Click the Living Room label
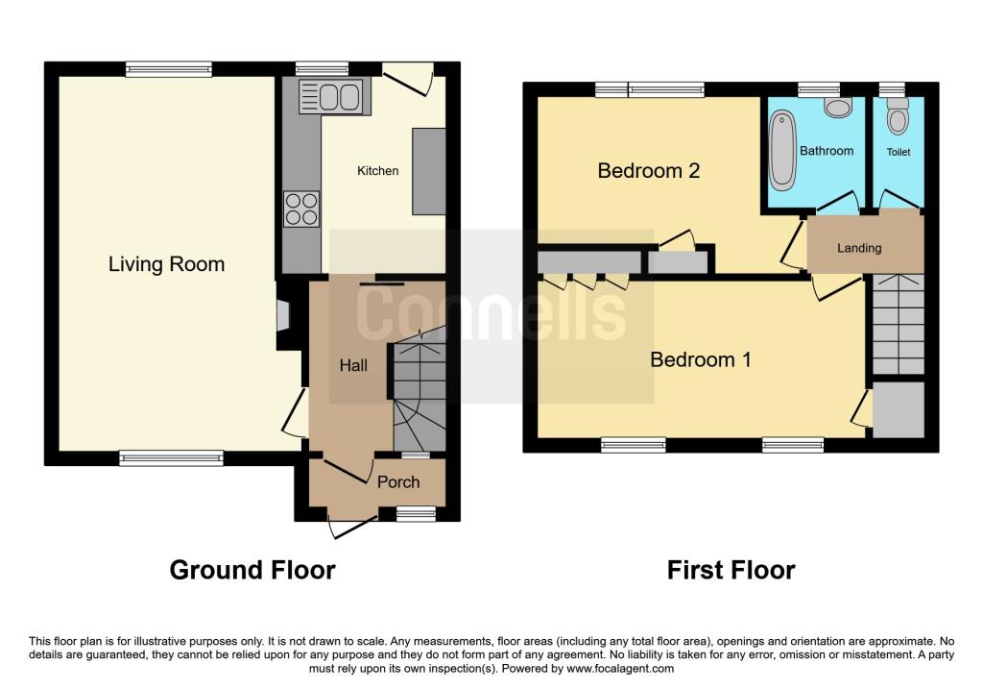(166, 263)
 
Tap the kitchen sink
(328, 97)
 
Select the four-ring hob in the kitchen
(300, 209)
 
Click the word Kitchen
(377, 171)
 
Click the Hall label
(353, 365)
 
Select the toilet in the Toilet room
(899, 118)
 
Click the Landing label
(859, 248)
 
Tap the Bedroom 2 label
(648, 171)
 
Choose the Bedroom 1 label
(700, 359)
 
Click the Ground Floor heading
(252, 570)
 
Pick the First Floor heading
(731, 570)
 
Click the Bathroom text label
(827, 151)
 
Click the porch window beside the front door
(416, 515)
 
